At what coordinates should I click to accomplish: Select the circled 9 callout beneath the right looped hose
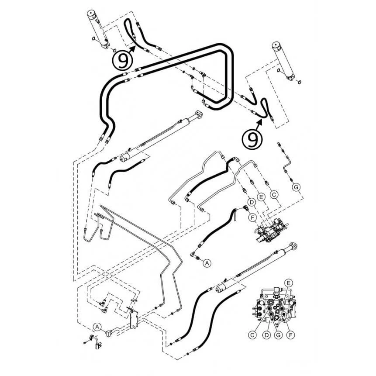pos(252,139)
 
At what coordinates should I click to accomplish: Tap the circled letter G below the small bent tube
pos(296,187)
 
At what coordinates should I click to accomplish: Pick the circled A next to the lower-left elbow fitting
pos(97,326)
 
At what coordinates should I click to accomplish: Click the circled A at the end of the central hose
pos(207,263)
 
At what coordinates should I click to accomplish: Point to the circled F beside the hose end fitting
pos(252,217)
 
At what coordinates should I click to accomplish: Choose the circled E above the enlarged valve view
pos(289,283)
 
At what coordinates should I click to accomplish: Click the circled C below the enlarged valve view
pos(252,335)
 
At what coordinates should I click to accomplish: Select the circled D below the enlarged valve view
pos(266,335)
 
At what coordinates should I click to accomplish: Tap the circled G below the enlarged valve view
pos(278,335)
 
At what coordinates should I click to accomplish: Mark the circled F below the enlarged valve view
pos(291,335)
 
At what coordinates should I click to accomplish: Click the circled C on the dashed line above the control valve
pos(274,194)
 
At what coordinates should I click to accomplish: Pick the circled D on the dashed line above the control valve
pos(252,202)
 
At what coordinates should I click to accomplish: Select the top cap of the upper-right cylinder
pos(276,45)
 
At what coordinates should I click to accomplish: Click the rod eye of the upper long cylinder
pos(199,114)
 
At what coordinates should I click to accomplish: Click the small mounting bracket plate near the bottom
pos(133,319)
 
